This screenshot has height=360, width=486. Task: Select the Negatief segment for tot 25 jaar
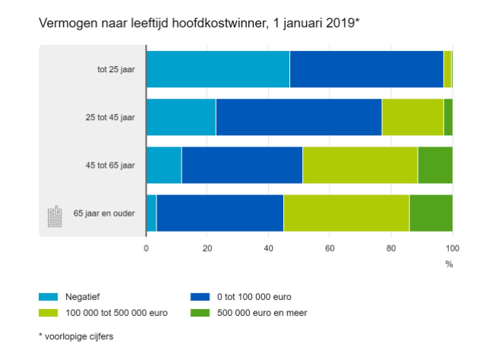coord(217,69)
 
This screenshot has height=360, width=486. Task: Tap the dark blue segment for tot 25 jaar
coord(366,69)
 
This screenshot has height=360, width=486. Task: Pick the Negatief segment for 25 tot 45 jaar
coord(181,117)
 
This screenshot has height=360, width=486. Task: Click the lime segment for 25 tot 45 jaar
coord(412,117)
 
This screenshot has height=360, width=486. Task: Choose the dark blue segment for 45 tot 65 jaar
coord(241,165)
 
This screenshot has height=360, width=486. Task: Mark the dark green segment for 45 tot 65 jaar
coord(434,165)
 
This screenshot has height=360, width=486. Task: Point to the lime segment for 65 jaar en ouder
coord(346,213)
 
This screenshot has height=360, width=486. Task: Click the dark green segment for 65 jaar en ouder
coord(431,213)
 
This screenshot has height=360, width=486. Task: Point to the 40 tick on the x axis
coord(268,248)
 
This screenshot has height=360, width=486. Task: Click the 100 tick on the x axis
coord(452,248)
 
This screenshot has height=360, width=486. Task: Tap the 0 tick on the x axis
coord(146,248)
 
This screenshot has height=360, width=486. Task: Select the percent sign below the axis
coord(449,264)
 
